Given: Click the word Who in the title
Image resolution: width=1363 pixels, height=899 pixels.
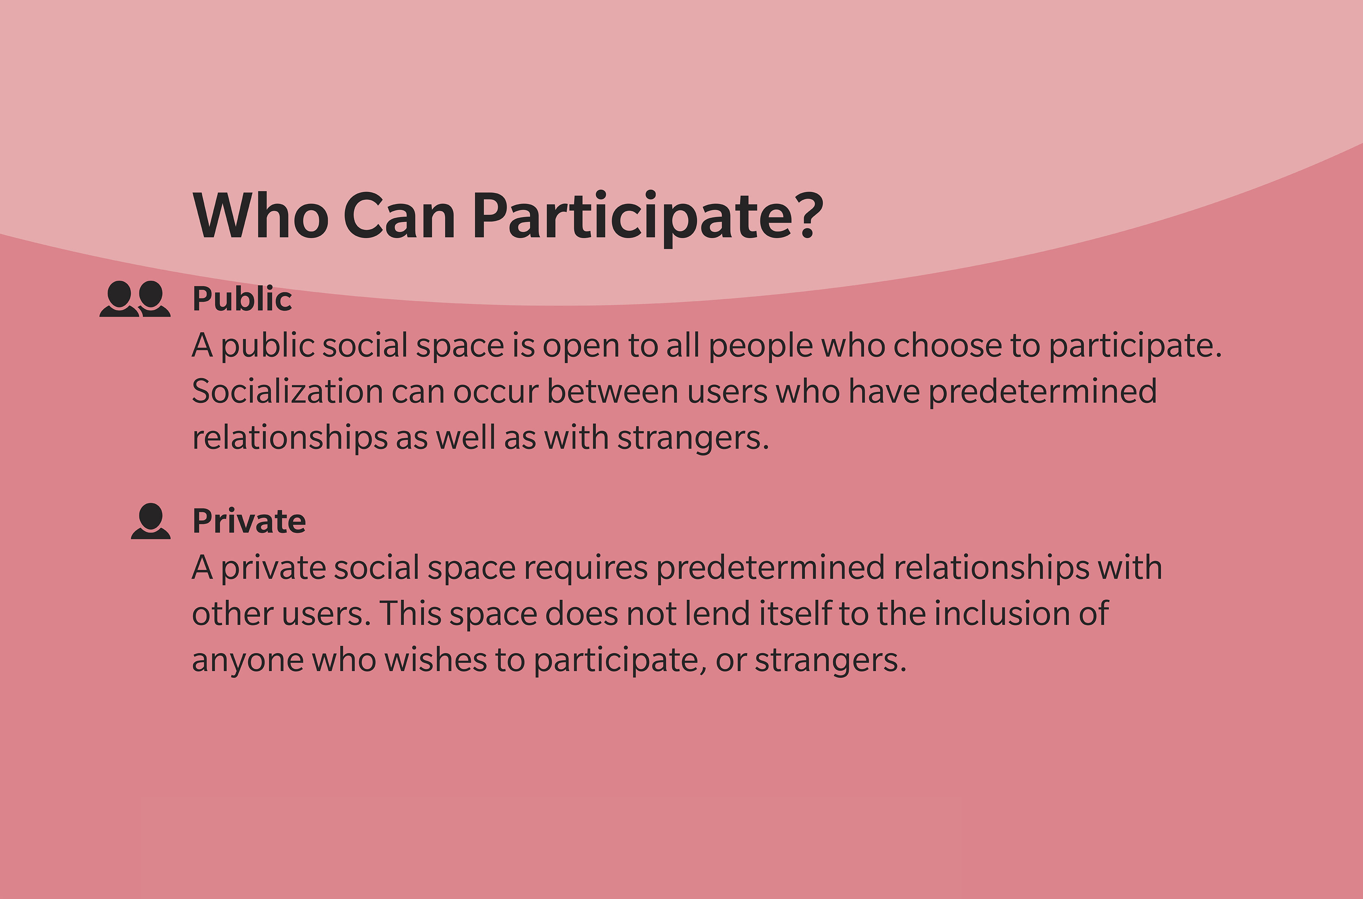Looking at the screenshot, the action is (x=261, y=216).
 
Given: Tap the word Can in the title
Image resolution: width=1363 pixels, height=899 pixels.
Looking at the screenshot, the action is (x=400, y=216).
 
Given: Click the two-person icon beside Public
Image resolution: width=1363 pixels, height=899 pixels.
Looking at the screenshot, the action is (x=135, y=299).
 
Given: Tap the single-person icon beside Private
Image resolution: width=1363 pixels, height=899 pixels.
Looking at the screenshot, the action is (x=151, y=521).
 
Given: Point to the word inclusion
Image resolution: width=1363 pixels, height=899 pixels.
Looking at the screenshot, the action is (x=1002, y=614).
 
